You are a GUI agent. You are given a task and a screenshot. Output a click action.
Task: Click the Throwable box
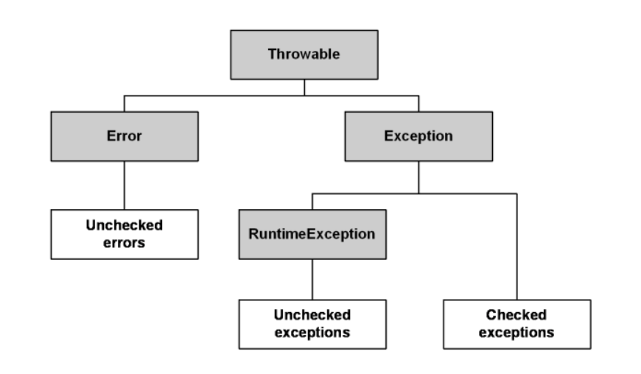click(304, 54)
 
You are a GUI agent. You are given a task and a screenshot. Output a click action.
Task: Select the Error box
click(125, 136)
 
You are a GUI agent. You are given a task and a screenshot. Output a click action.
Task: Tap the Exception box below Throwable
click(418, 136)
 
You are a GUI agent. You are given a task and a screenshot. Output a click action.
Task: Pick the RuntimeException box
click(312, 234)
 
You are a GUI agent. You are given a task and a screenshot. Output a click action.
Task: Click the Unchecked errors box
click(125, 234)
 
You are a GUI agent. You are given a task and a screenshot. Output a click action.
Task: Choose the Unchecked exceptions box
click(312, 324)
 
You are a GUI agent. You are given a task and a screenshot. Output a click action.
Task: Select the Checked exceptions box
click(517, 324)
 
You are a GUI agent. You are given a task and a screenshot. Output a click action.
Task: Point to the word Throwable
click(304, 54)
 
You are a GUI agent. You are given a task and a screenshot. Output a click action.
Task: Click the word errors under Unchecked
click(125, 243)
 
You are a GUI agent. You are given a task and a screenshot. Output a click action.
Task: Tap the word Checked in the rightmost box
click(516, 315)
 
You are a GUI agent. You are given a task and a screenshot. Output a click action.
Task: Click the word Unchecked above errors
click(125, 225)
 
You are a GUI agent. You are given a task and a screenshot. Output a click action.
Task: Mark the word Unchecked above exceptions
click(312, 315)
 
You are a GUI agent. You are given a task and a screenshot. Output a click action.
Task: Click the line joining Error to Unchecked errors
click(125, 186)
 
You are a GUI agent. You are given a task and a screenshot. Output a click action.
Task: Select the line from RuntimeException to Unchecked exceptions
click(312, 279)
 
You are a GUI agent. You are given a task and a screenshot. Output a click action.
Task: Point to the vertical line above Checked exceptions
click(516, 247)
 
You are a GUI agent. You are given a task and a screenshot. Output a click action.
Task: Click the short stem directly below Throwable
click(304, 88)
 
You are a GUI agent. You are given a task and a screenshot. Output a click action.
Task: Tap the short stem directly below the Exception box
click(418, 177)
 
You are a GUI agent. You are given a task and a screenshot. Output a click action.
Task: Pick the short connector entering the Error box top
click(125, 104)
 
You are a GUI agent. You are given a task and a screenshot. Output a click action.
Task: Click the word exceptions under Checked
click(516, 333)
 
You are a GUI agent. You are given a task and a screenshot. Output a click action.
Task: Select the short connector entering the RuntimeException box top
click(312, 202)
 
